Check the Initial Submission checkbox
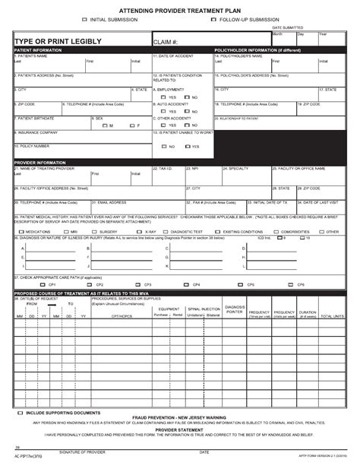[x=84, y=19]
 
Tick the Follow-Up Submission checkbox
[x=214, y=19]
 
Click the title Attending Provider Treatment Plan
[x=179, y=7]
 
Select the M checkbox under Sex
[x=103, y=125]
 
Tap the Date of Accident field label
[x=171, y=55]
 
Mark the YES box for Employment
[x=163, y=97]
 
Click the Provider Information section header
[x=39, y=162]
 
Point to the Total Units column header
[x=332, y=315]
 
